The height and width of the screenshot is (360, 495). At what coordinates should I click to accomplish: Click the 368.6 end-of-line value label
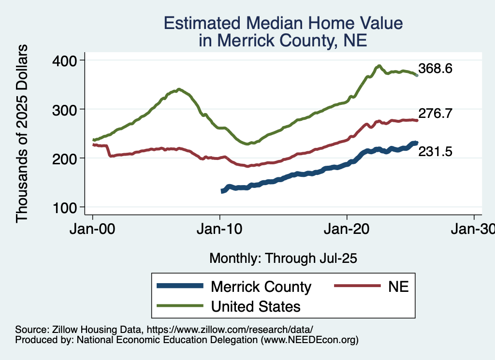point(436,69)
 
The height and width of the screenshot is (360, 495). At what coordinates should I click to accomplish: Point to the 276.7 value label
point(436,114)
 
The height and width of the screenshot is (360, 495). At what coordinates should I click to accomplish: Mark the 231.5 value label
point(436,152)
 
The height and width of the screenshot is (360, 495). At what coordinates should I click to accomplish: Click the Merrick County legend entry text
point(261,287)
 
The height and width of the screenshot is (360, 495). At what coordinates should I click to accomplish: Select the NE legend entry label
point(398,287)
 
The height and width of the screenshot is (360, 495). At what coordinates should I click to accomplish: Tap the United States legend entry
point(256,306)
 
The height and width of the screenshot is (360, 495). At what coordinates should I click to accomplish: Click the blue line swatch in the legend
point(179,287)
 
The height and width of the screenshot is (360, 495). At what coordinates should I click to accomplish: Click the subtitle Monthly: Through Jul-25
point(283,259)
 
